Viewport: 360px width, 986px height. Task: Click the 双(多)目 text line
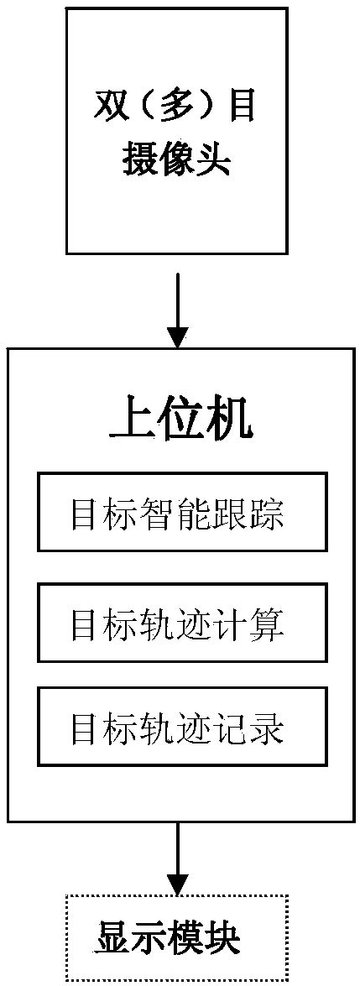(x=177, y=110)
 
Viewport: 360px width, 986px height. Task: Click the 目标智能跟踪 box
(x=180, y=513)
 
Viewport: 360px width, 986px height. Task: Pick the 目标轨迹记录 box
(x=180, y=726)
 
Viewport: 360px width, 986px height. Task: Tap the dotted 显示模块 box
(x=178, y=936)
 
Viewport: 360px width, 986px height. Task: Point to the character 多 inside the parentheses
(x=177, y=110)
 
